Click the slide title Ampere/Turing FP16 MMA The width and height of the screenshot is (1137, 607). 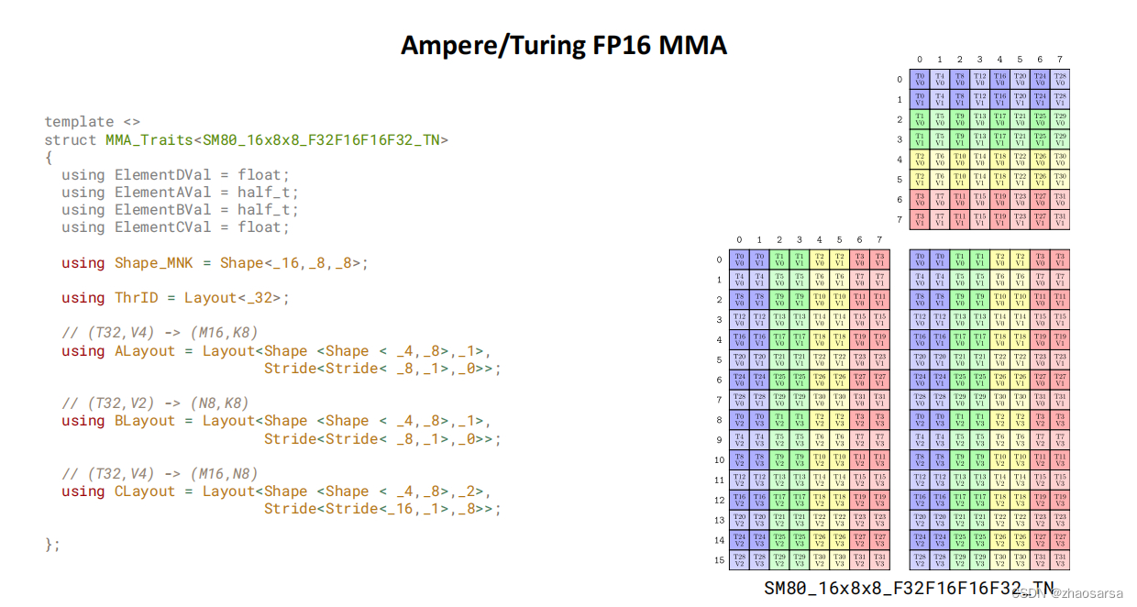click(563, 45)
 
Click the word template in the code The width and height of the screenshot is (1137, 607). click(80, 122)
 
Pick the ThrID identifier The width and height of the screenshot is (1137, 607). click(136, 298)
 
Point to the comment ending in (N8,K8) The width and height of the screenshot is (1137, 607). click(155, 403)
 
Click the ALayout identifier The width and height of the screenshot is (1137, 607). click(144, 351)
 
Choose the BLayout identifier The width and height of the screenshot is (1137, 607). click(144, 422)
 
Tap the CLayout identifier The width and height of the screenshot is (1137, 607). click(144, 491)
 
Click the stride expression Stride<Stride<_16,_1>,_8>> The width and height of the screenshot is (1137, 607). click(382, 509)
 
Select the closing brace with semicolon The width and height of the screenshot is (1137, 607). click(52, 545)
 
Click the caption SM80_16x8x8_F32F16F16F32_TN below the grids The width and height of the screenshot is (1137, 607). click(908, 589)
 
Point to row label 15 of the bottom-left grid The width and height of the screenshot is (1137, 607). click(719, 560)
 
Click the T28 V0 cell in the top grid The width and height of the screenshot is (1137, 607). click(1060, 80)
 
